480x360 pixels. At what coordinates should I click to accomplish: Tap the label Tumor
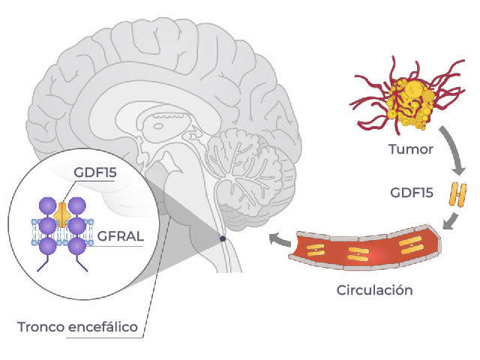pos(412,149)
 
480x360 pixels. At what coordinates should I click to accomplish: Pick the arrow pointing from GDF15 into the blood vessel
pos(451,221)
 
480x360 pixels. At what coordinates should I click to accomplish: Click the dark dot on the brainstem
pos(222,238)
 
